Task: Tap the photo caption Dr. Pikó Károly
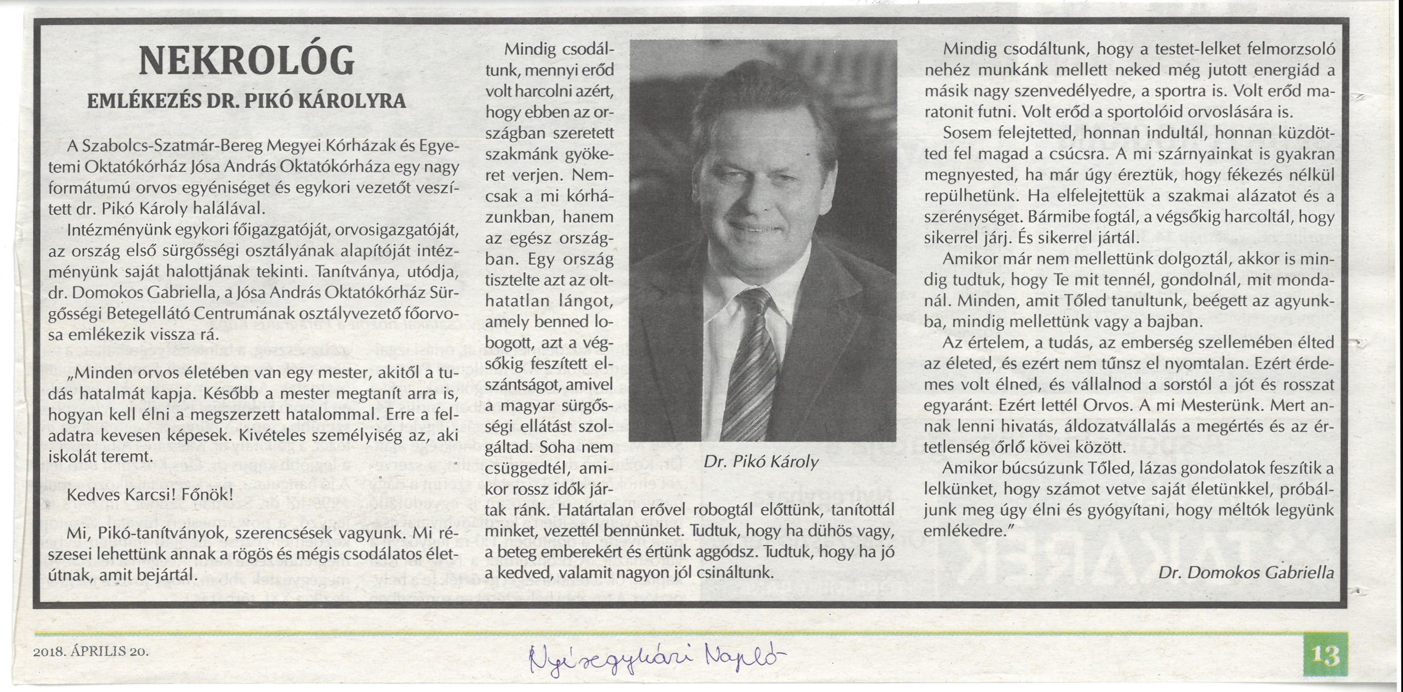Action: (761, 462)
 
